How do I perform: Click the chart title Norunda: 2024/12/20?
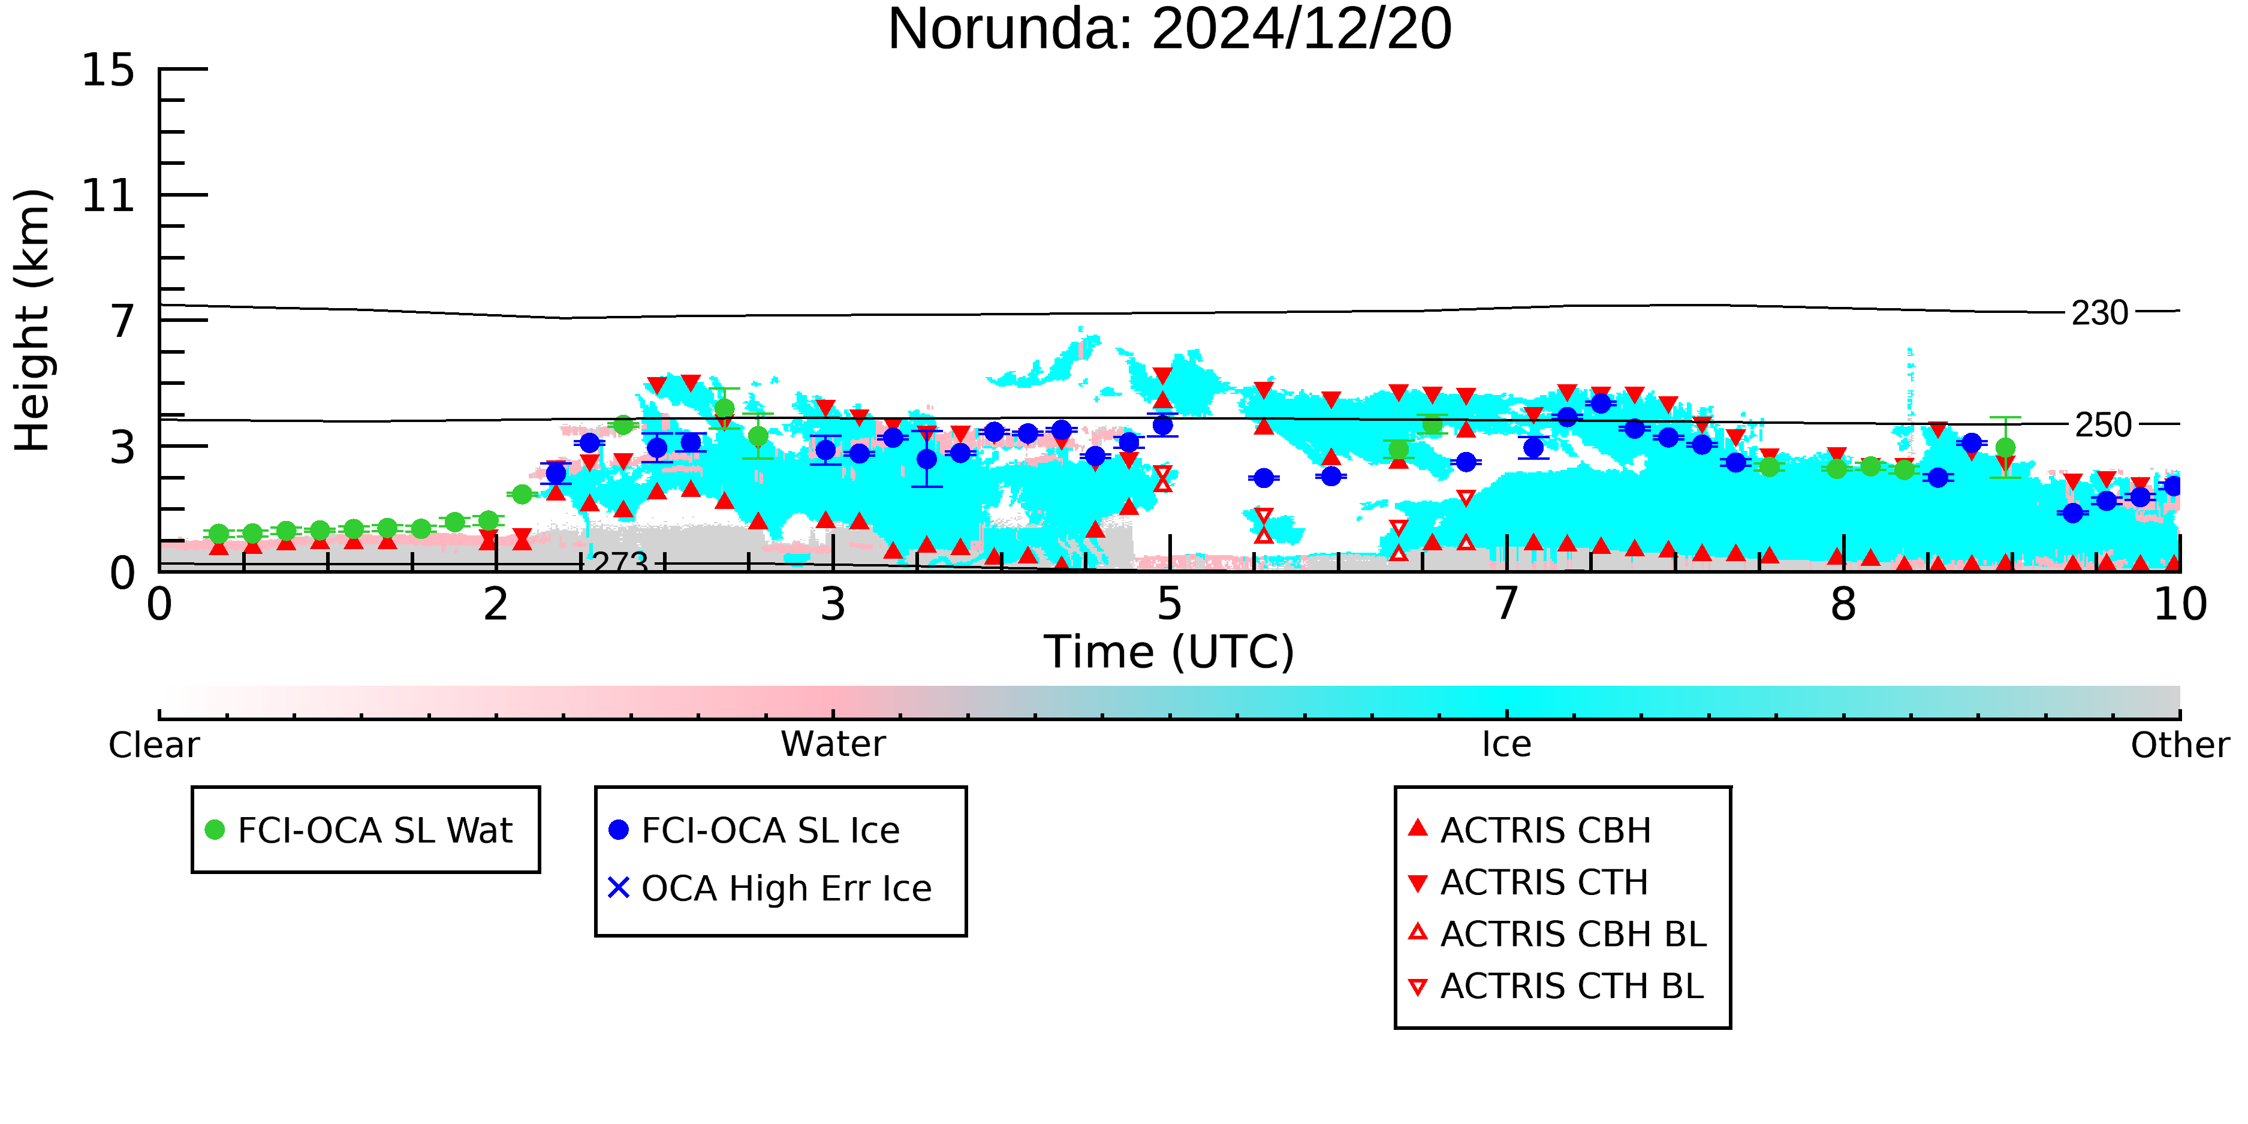[1170, 29]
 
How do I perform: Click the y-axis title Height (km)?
[32, 320]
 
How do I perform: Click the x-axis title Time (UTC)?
[1170, 652]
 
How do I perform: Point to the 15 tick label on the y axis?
[109, 70]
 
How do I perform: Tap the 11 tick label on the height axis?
[109, 195]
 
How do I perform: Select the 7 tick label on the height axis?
[123, 321]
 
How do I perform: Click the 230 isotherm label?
[2101, 312]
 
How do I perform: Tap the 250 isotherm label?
[2103, 425]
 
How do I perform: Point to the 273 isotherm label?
[620, 562]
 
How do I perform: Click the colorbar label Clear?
[153, 745]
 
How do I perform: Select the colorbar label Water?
[833, 745]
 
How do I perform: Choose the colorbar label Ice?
[1506, 745]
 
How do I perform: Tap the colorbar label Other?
[2180, 745]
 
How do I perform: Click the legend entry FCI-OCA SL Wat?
[360, 830]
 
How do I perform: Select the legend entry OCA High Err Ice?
[770, 888]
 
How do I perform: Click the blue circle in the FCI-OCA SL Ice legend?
[619, 830]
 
